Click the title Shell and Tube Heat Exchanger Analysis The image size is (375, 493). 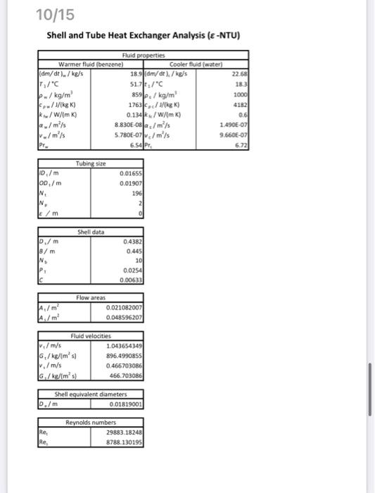pyautogui.click(x=144, y=35)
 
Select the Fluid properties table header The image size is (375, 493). pyautogui.click(x=143, y=55)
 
